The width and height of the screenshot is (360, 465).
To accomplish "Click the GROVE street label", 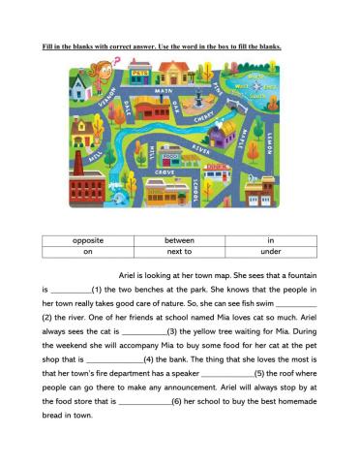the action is [165, 171].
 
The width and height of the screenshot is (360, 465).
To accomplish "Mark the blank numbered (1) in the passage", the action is [70, 290].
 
